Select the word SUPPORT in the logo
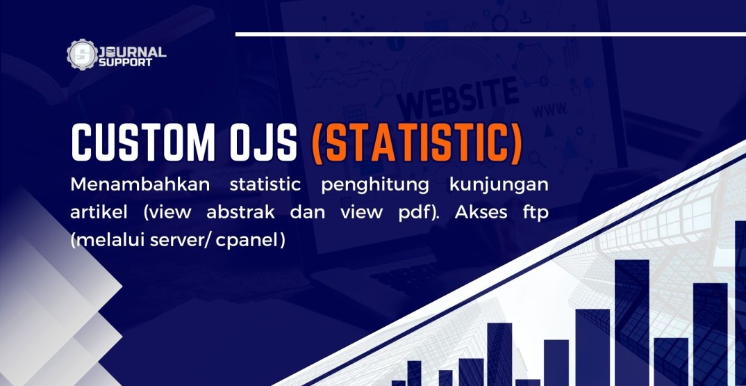pos(126,63)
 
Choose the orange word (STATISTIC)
pos(417,143)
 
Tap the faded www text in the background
pos(549,110)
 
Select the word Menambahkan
pos(140,185)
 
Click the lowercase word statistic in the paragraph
pos(265,185)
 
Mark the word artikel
pos(99,213)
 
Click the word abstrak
pos(241,213)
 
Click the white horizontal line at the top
pos(490,34)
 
